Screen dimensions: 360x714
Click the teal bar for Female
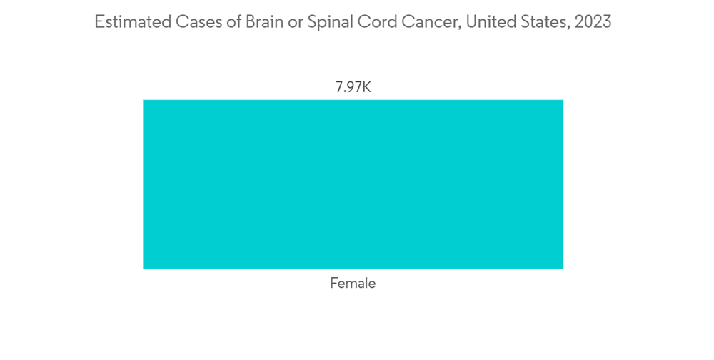(353, 184)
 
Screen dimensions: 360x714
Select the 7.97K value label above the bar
(353, 88)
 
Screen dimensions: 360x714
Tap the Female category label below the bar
(353, 284)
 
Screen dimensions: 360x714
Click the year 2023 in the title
(593, 22)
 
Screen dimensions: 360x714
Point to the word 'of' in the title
(230, 22)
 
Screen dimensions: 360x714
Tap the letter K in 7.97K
(366, 88)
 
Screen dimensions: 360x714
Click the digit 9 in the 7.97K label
(348, 88)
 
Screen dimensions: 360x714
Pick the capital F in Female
(334, 284)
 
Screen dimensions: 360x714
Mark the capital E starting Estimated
(99, 22)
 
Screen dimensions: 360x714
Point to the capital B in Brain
(250, 22)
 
